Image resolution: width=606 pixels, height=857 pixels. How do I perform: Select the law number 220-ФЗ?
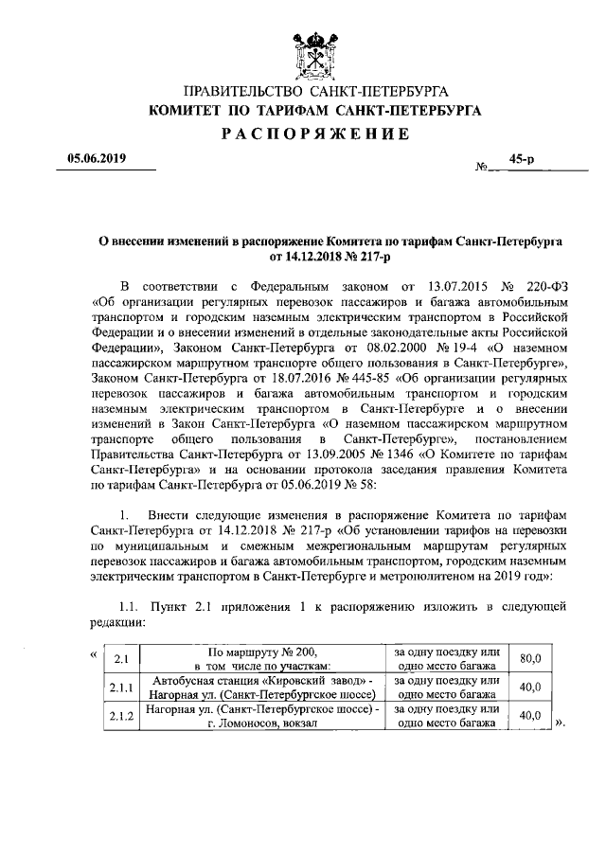click(546, 286)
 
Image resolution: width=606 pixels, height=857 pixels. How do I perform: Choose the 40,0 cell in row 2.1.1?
click(531, 687)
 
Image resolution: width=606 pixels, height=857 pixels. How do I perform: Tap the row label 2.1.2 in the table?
click(122, 717)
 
